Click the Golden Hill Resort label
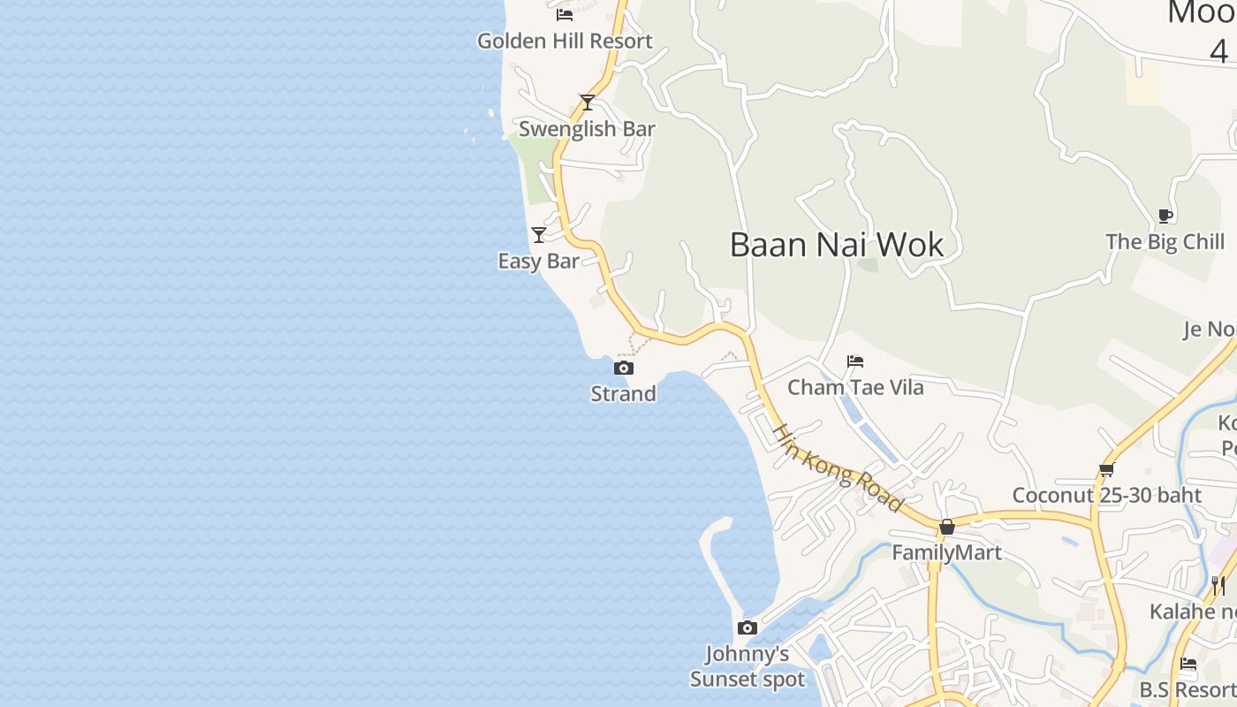tap(565, 41)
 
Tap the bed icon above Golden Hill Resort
tap(565, 14)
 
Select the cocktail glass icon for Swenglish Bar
tap(587, 103)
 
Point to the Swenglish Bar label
tap(587, 129)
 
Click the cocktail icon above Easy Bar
tap(539, 234)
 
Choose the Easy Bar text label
tap(539, 262)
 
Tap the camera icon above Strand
tap(624, 368)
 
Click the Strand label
tap(624, 394)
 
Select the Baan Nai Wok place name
tap(837, 245)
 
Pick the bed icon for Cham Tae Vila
tap(855, 361)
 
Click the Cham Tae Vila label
tap(855, 387)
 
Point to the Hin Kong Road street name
tap(838, 468)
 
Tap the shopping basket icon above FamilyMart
tap(947, 527)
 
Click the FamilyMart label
tap(947, 553)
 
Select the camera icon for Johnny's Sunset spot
tap(748, 627)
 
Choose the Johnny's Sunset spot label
tap(748, 666)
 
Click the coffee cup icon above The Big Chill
tap(1165, 216)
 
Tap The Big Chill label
tap(1165, 242)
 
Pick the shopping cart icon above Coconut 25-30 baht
tap(1106, 469)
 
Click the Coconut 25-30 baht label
tap(1106, 496)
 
